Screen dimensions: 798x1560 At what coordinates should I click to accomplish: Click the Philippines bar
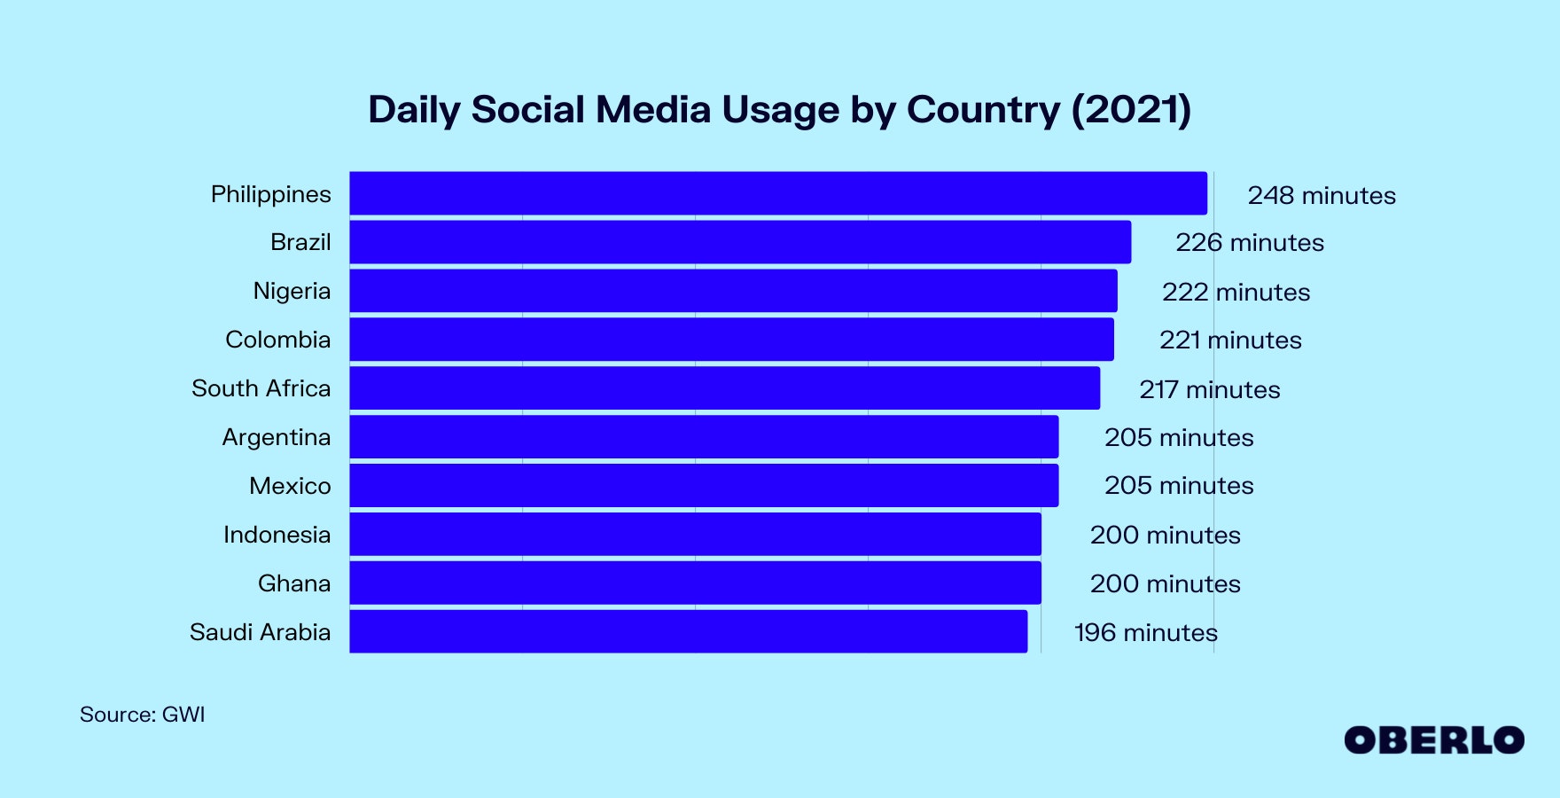(777, 193)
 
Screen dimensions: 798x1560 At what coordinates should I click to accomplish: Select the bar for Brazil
(740, 242)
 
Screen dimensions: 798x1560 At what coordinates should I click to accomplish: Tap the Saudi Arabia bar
(688, 631)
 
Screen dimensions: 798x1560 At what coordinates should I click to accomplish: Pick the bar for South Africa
(724, 388)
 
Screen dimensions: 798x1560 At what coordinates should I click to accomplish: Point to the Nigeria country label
(292, 291)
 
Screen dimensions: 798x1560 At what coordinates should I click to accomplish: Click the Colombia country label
(277, 340)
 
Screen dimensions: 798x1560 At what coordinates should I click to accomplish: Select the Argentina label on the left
(276, 437)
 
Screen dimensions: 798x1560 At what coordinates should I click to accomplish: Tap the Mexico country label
(290, 486)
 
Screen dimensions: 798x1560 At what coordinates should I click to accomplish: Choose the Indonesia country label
(277, 535)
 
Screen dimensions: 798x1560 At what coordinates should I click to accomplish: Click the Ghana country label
(294, 583)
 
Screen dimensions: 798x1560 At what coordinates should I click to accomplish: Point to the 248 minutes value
(1322, 195)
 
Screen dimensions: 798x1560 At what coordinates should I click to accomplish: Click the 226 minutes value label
(1250, 243)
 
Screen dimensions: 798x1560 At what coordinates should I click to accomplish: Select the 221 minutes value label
(1230, 340)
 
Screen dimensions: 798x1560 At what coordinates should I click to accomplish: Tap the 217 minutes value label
(1209, 389)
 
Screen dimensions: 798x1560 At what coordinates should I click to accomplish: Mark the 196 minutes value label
(1145, 633)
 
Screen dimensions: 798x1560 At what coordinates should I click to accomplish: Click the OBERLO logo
(1433, 740)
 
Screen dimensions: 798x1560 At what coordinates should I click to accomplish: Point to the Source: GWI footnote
(142, 715)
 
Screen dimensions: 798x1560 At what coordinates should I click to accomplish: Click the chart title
(779, 110)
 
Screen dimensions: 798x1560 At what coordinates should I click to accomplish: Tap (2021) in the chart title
(1131, 110)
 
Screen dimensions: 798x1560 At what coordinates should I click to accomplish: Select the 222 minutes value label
(1236, 292)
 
